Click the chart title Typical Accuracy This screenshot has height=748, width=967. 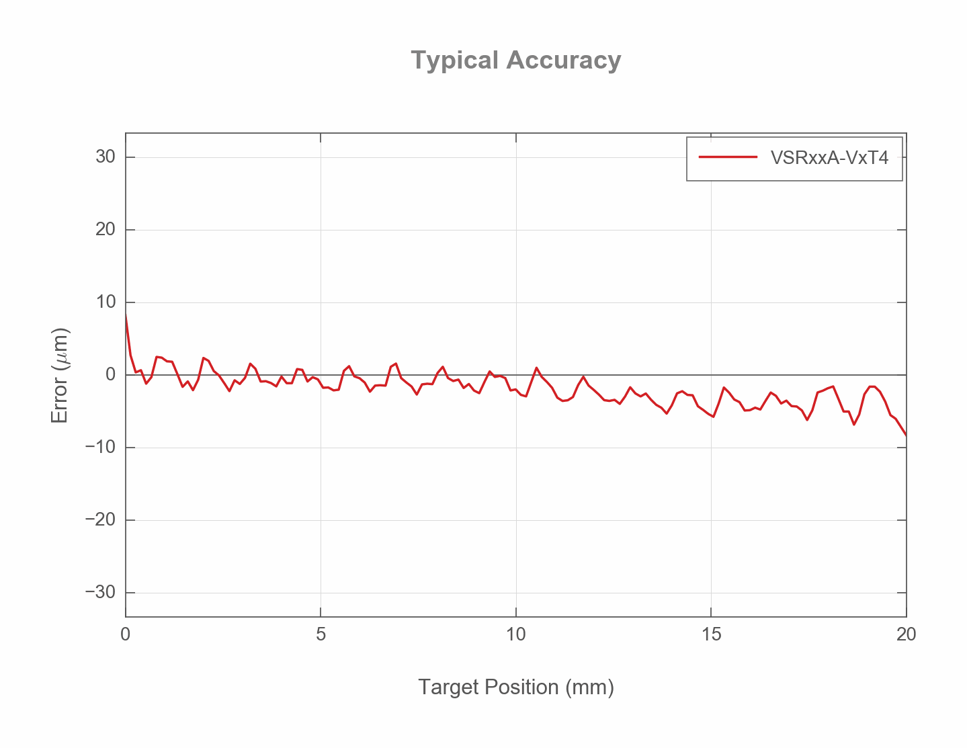[x=515, y=60]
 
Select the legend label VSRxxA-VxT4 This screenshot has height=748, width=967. [x=829, y=158]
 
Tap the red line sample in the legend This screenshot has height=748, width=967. [x=728, y=158]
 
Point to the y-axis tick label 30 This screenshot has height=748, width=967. [x=106, y=157]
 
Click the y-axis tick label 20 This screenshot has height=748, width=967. [x=106, y=230]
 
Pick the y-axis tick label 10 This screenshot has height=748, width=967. [x=106, y=302]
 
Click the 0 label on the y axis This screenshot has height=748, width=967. [x=110, y=375]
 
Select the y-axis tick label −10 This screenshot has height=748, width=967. [x=101, y=448]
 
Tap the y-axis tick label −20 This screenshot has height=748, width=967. [x=101, y=520]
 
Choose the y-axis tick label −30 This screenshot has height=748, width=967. [x=101, y=593]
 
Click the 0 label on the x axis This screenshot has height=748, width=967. [x=126, y=634]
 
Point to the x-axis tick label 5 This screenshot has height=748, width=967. [x=321, y=634]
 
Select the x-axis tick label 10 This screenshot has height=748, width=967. [x=516, y=634]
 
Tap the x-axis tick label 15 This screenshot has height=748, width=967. [x=711, y=634]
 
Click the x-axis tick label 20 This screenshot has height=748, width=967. [x=906, y=634]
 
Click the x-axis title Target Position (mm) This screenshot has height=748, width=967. [x=516, y=688]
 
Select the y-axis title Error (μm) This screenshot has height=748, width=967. [x=60, y=375]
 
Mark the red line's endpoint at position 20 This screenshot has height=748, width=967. [x=906, y=435]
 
